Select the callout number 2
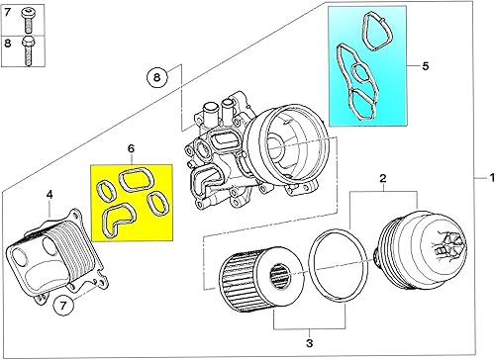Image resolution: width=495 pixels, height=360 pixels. (x=382, y=178)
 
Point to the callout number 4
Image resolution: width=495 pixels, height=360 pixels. (x=49, y=195)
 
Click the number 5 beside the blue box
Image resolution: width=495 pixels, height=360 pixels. (x=425, y=68)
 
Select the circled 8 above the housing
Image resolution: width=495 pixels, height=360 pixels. (x=155, y=76)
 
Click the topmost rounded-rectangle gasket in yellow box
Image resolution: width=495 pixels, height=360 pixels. (x=133, y=180)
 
